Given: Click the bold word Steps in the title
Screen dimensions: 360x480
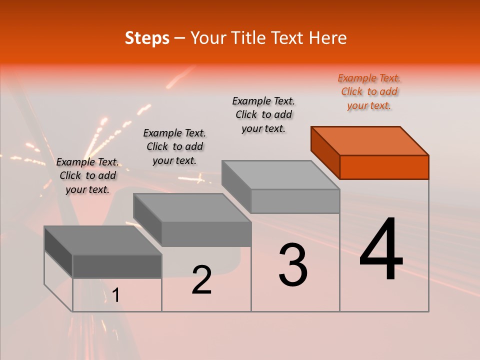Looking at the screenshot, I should click(x=147, y=38).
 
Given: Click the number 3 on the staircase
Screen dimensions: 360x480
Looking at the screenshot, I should click(x=293, y=265).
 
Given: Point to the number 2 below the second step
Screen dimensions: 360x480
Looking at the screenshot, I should click(x=201, y=280).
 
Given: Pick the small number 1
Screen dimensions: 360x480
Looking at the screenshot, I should click(x=116, y=296).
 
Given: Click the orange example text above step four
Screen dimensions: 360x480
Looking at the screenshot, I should click(x=369, y=92).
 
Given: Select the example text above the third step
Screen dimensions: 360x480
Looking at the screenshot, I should click(x=263, y=114).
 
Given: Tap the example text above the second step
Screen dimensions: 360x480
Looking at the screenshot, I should click(x=174, y=146).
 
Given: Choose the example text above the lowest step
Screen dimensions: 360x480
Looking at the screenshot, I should click(x=87, y=175).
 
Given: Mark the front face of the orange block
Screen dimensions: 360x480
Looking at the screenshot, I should click(x=384, y=167).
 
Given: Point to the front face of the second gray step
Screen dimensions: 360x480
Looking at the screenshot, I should click(x=206, y=234).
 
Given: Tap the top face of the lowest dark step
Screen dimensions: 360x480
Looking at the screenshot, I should click(x=103, y=240).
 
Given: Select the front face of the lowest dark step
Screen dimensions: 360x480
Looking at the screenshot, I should click(x=117, y=266).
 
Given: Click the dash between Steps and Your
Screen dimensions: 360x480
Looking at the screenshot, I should click(x=179, y=38).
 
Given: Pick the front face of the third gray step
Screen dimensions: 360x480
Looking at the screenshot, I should click(x=295, y=201).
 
